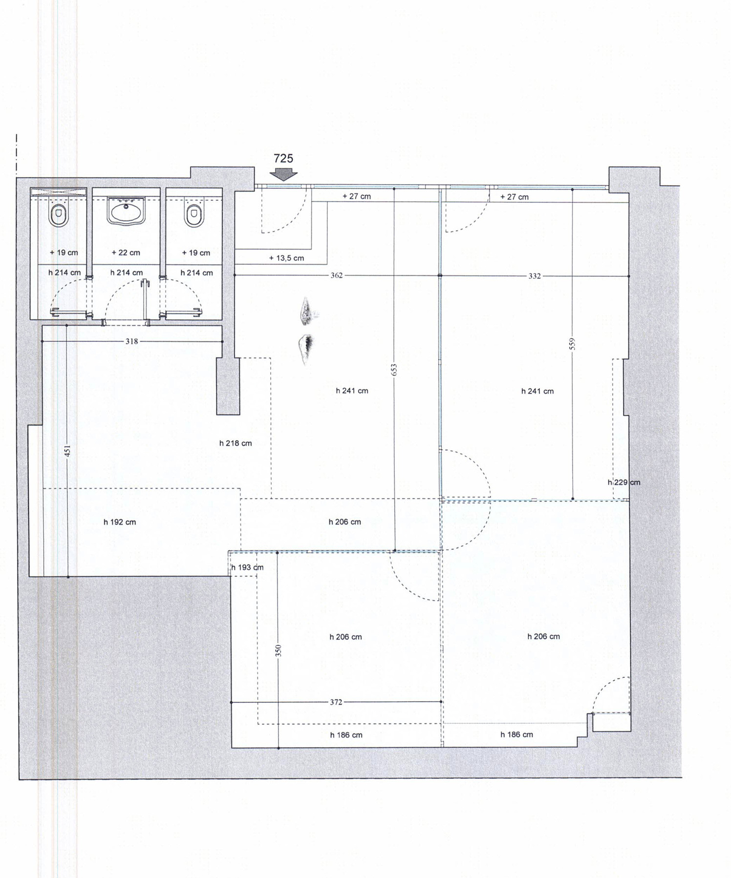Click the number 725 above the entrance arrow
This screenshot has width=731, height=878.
pyautogui.click(x=283, y=158)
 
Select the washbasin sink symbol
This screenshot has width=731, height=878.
pyautogui.click(x=126, y=211)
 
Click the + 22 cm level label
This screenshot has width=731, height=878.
pyautogui.click(x=126, y=252)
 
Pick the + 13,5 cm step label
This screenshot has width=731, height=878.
pyautogui.click(x=286, y=258)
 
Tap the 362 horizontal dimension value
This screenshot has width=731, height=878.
pyautogui.click(x=336, y=275)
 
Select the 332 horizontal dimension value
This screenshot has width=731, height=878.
pyautogui.click(x=535, y=276)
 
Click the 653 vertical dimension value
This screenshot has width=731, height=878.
pyautogui.click(x=394, y=370)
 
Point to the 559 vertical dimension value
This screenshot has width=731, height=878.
pyautogui.click(x=573, y=344)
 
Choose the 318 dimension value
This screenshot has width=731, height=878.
pyautogui.click(x=131, y=341)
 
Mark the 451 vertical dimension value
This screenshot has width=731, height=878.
pyautogui.click(x=68, y=451)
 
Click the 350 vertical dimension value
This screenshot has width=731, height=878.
pyautogui.click(x=279, y=650)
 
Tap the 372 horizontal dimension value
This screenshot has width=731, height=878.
pyautogui.click(x=336, y=702)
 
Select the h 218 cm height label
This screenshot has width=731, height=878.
pyautogui.click(x=236, y=443)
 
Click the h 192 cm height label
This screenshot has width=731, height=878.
pyautogui.click(x=120, y=522)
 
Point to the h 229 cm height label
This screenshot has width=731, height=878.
pyautogui.click(x=624, y=482)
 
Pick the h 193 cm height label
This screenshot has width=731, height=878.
pyautogui.click(x=247, y=567)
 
